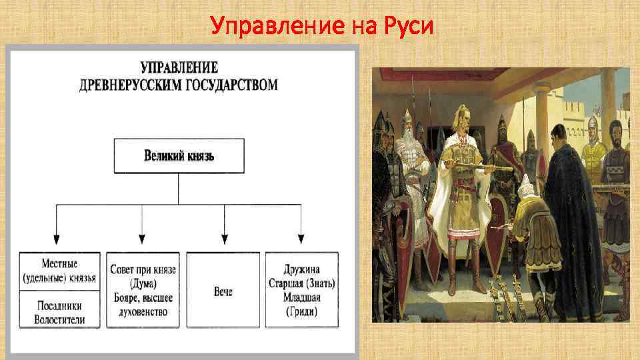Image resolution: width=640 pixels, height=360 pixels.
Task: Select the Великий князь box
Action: coord(179,155)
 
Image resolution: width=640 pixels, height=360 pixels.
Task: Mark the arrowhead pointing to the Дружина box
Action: coord(301,239)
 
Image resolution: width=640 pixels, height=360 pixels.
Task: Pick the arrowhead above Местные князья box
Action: coord(57,239)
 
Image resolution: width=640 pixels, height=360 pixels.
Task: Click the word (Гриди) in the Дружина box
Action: coord(301,312)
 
